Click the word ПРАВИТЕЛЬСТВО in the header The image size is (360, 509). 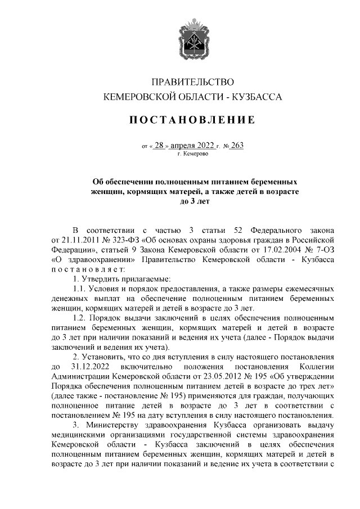[192, 83]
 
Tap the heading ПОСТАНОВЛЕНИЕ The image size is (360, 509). [192, 120]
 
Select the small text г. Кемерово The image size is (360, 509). [192, 153]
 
